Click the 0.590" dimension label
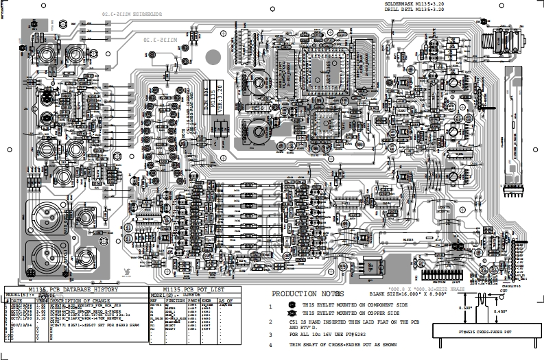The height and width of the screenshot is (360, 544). [x=464, y=309]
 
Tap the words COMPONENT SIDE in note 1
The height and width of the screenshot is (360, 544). [x=386, y=305]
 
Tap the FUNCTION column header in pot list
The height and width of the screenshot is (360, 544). [x=176, y=301]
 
